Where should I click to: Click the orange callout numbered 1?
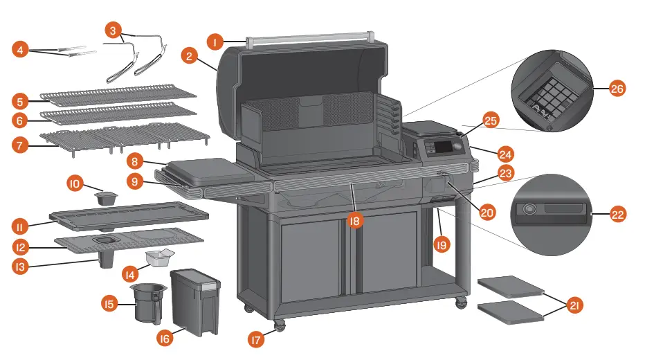[216, 42]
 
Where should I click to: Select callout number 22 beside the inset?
[618, 215]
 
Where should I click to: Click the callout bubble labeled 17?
[257, 339]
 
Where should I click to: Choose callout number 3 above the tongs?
[113, 30]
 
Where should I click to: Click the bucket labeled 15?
[148, 303]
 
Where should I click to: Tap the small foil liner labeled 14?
[158, 259]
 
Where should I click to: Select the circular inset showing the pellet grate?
[552, 90]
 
